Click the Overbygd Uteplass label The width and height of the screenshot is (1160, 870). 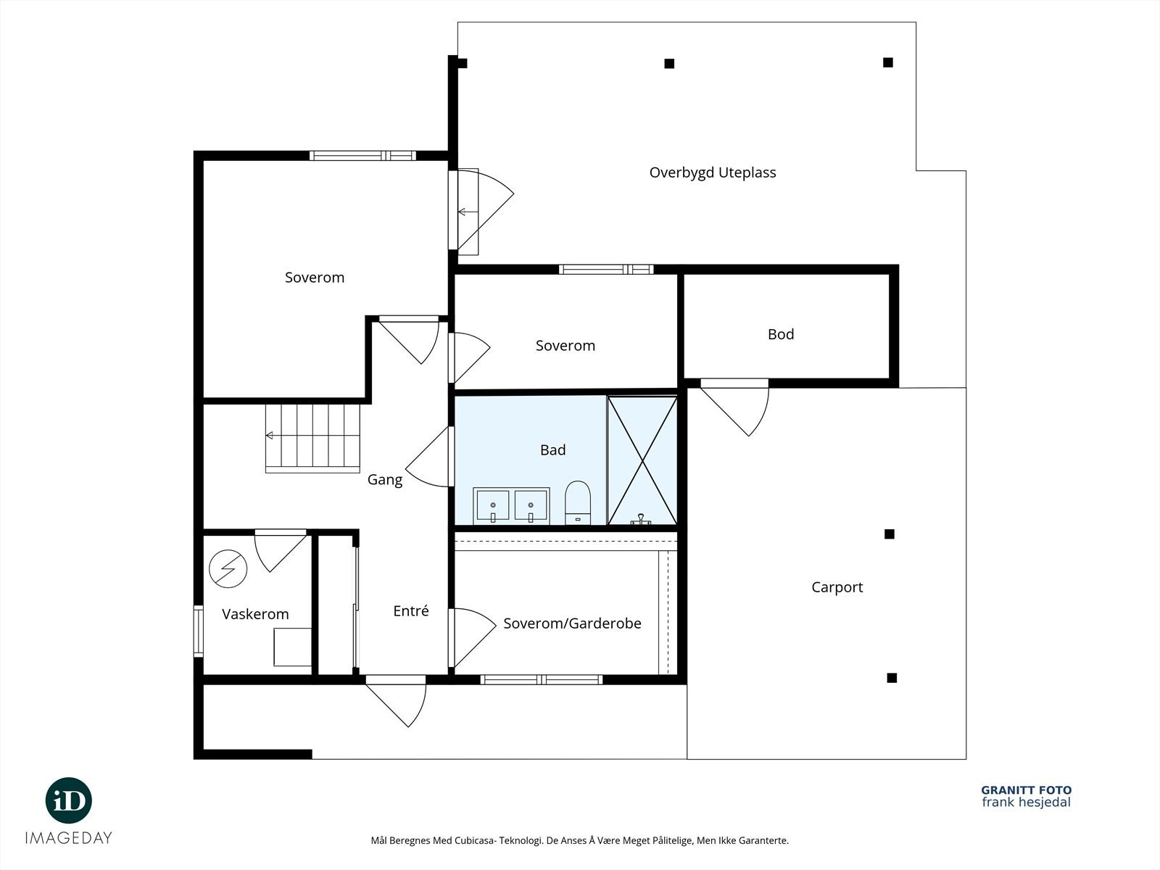pyautogui.click(x=713, y=173)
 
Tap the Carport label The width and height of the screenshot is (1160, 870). pyautogui.click(x=837, y=587)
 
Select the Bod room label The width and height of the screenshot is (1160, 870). pyautogui.click(x=781, y=333)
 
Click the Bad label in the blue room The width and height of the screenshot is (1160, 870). pyautogui.click(x=552, y=449)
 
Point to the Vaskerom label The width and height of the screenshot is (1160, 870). pyautogui.click(x=255, y=614)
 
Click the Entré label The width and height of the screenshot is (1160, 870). pyautogui.click(x=410, y=610)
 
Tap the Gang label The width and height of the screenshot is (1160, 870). pyautogui.click(x=385, y=480)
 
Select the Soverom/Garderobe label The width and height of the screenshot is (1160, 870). pyautogui.click(x=572, y=623)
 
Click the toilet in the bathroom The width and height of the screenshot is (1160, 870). pyautogui.click(x=578, y=503)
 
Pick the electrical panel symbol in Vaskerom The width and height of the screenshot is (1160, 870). pyautogui.click(x=228, y=569)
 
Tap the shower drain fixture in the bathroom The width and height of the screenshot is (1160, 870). pyautogui.click(x=641, y=520)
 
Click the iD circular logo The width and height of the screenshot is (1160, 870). pyautogui.click(x=69, y=800)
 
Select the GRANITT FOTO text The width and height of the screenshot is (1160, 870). pyautogui.click(x=1027, y=790)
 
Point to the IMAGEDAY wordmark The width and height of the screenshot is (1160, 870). pyautogui.click(x=69, y=838)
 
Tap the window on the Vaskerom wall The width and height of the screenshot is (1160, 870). pyautogui.click(x=199, y=631)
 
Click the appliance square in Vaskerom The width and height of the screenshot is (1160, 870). pyautogui.click(x=292, y=647)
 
